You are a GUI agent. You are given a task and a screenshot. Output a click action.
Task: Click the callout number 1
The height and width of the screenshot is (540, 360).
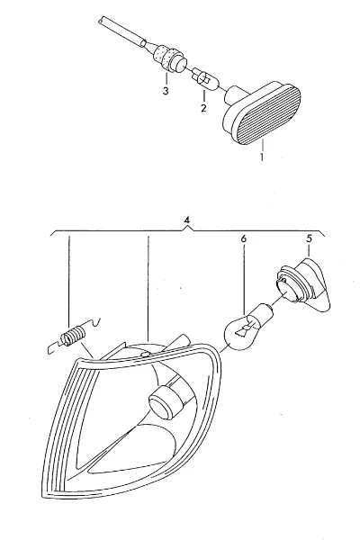point(262,157)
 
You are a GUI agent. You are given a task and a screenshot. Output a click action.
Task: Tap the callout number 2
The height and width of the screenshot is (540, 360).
point(203,108)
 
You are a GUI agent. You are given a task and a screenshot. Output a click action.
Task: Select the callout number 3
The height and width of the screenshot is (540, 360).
point(166,91)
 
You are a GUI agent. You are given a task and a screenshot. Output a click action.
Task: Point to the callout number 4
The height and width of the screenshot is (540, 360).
point(186,220)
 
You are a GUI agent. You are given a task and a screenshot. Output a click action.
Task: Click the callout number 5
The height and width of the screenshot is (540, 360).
point(309,238)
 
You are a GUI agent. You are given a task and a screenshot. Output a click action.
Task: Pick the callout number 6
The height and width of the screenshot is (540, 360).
point(244,238)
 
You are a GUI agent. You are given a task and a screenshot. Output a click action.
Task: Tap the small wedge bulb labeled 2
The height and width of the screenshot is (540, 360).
point(204,79)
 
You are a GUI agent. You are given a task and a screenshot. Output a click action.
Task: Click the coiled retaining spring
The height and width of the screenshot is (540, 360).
point(74,336)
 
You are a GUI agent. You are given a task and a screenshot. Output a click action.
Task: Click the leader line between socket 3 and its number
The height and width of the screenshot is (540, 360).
point(166,79)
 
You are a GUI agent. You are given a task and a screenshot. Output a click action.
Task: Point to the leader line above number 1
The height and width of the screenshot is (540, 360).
point(262,145)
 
